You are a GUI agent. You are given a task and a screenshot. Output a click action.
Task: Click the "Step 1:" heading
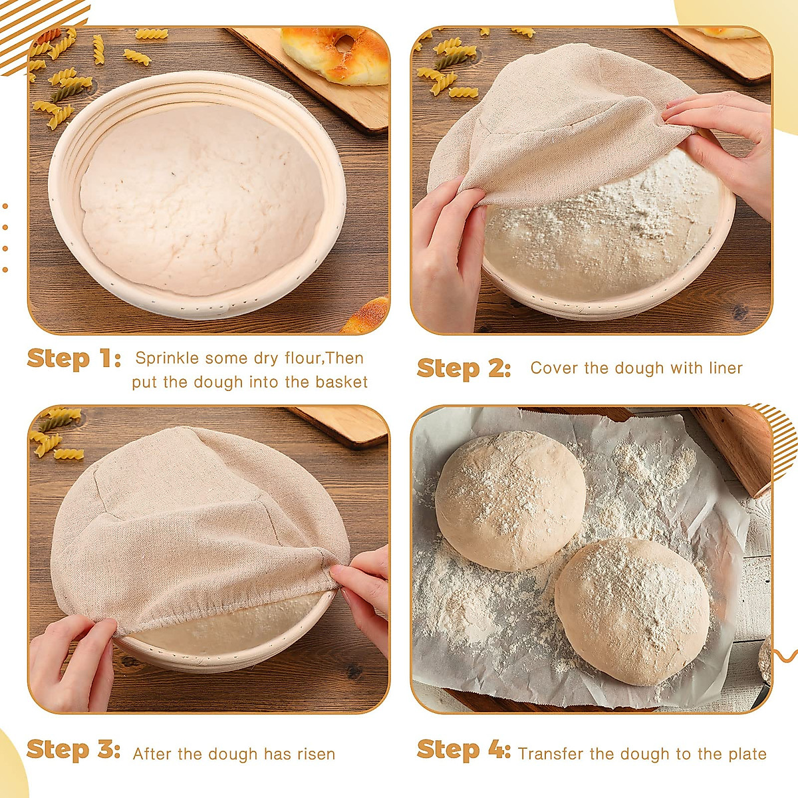[74, 358]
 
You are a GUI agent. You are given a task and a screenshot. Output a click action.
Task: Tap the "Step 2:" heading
[464, 368]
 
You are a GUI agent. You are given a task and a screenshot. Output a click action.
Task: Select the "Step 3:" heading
[73, 749]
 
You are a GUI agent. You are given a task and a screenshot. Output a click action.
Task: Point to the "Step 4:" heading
[464, 749]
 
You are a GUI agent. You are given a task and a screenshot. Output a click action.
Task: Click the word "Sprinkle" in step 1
[167, 358]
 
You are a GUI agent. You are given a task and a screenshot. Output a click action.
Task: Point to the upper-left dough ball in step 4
[510, 499]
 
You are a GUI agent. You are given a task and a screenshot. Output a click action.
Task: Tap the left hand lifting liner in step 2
[449, 253]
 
